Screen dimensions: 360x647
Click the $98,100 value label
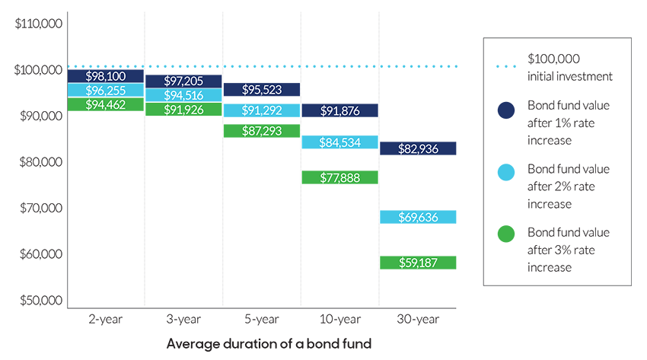click(x=106, y=76)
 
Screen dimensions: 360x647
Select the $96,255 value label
click(x=106, y=89)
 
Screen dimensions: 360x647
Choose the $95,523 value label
click(x=261, y=89)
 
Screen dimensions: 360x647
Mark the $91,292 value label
click(x=261, y=110)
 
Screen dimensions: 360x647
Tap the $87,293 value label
click(x=261, y=130)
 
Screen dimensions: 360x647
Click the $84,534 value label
click(x=339, y=141)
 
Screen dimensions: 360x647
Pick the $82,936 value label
click(x=418, y=148)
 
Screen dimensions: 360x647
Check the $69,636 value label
click(x=418, y=217)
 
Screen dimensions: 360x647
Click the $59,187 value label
click(x=418, y=263)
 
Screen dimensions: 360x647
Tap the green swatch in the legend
click(x=502, y=229)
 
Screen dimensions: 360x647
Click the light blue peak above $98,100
click(x=106, y=49)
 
